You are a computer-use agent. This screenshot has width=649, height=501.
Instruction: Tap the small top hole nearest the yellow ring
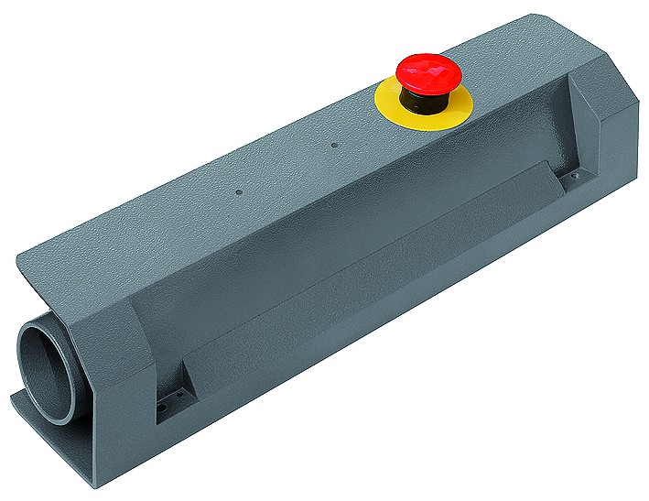coord(334,145)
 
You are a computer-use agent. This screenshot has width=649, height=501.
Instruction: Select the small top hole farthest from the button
coord(238,193)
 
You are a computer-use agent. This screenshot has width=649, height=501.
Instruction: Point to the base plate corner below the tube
coord(16,398)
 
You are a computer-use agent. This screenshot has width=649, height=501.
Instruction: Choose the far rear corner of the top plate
coord(531,16)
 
